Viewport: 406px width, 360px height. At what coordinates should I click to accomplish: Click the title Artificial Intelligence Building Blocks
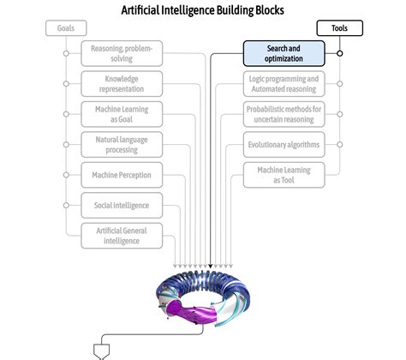203,9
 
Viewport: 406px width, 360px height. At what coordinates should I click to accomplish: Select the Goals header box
66,28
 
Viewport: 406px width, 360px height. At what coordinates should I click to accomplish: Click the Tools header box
339,28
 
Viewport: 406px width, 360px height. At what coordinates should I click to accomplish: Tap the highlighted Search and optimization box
284,54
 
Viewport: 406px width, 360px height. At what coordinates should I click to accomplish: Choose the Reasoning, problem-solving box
121,54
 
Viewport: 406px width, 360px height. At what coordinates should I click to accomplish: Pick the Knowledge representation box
121,84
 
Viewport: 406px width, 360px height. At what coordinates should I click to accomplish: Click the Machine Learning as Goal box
121,115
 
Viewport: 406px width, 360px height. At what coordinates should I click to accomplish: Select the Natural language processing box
121,143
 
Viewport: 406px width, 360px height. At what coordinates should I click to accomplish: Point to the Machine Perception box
121,175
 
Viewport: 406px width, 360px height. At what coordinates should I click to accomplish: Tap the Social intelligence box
121,205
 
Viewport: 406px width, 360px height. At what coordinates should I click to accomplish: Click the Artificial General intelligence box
121,235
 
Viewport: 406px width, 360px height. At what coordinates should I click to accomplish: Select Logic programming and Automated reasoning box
284,84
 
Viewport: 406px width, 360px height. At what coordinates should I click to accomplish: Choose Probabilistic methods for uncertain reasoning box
284,115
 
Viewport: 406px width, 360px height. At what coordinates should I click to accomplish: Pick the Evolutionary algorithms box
284,145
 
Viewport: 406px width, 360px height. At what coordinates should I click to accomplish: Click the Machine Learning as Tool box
284,175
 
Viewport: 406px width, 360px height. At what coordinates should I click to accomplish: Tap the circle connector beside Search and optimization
340,53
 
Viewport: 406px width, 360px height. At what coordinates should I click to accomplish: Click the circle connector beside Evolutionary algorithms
340,144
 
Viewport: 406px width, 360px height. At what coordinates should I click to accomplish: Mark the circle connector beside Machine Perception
66,175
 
